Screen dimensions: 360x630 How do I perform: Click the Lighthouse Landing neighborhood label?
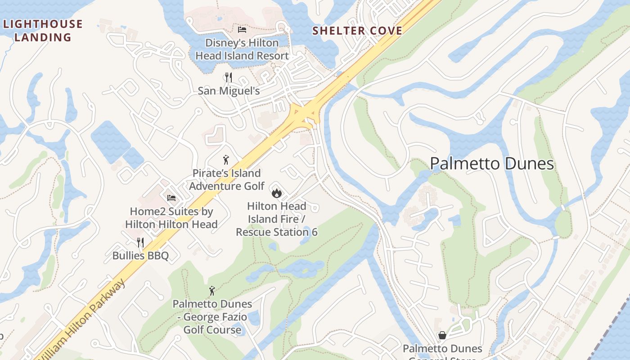[43, 30]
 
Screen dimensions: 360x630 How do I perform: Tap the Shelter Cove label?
[357, 31]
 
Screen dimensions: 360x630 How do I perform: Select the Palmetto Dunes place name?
[492, 163]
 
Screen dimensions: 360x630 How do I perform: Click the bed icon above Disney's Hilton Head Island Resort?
[242, 30]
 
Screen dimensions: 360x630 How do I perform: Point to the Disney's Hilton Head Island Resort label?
[242, 49]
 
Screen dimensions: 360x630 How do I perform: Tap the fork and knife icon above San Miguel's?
[229, 77]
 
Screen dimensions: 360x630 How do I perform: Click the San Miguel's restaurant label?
[229, 91]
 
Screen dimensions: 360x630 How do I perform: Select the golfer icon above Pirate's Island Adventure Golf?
[226, 160]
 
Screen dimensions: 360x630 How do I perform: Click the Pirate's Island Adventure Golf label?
[227, 180]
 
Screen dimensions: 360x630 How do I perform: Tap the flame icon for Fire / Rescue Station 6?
[276, 193]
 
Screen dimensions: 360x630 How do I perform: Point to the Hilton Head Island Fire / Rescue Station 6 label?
[277, 219]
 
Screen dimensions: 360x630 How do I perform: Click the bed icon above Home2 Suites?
[171, 198]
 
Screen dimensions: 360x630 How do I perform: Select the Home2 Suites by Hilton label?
[171, 218]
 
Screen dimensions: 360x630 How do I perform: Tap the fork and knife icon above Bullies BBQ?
[140, 243]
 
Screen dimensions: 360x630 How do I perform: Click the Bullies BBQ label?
[140, 256]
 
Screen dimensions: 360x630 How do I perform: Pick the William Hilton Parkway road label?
[81, 320]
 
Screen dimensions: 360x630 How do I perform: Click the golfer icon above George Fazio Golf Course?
[212, 291]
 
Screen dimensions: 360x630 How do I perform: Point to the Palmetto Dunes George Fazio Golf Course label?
[212, 317]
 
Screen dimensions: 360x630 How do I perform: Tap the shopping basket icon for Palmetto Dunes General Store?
[442, 335]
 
